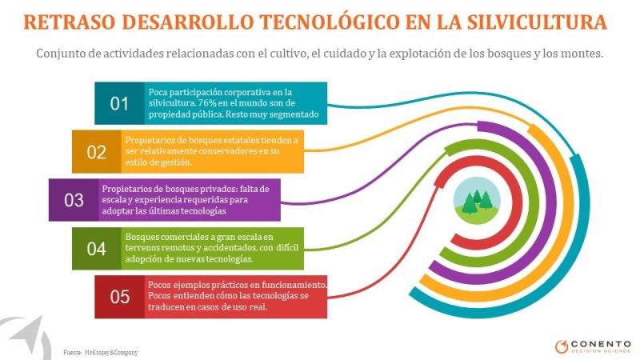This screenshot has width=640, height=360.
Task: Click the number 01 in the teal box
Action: [x=119, y=104]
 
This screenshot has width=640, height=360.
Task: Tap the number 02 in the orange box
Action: [x=96, y=152]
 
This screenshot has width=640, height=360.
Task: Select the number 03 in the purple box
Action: [x=74, y=200]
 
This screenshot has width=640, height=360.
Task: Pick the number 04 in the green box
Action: [x=96, y=249]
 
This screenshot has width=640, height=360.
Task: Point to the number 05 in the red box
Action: [x=119, y=297]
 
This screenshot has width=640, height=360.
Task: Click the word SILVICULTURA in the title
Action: [x=537, y=22]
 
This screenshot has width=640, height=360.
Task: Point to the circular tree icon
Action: [x=477, y=201]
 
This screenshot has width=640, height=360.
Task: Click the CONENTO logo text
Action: [x=601, y=344]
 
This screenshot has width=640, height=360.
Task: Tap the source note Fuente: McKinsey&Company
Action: [x=101, y=352]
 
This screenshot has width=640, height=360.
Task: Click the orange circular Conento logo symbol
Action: [x=562, y=346]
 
